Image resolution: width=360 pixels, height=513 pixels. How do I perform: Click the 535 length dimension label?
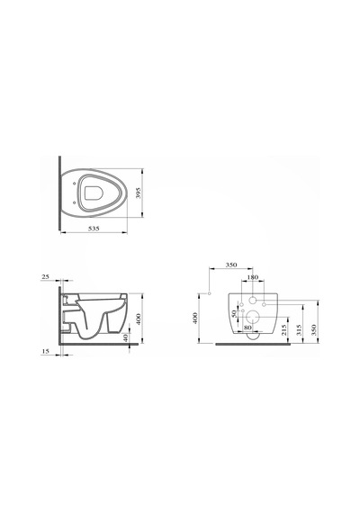tap(94, 229)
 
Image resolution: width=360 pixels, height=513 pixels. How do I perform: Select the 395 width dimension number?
tap(138, 193)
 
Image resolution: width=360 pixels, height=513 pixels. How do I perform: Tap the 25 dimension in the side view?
tap(45, 277)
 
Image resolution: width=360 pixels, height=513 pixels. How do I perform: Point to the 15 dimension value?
tap(46, 351)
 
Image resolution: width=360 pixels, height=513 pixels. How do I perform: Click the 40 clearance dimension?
tap(126, 337)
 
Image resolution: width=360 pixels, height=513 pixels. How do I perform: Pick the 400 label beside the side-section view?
tap(139, 319)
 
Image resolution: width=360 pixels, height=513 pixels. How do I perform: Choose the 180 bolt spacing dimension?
tap(252, 277)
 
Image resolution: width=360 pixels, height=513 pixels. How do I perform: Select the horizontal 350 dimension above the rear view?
tap(231, 265)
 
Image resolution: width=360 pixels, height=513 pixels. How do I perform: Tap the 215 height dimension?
tap(284, 329)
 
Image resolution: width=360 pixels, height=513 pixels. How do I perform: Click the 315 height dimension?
tap(299, 329)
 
